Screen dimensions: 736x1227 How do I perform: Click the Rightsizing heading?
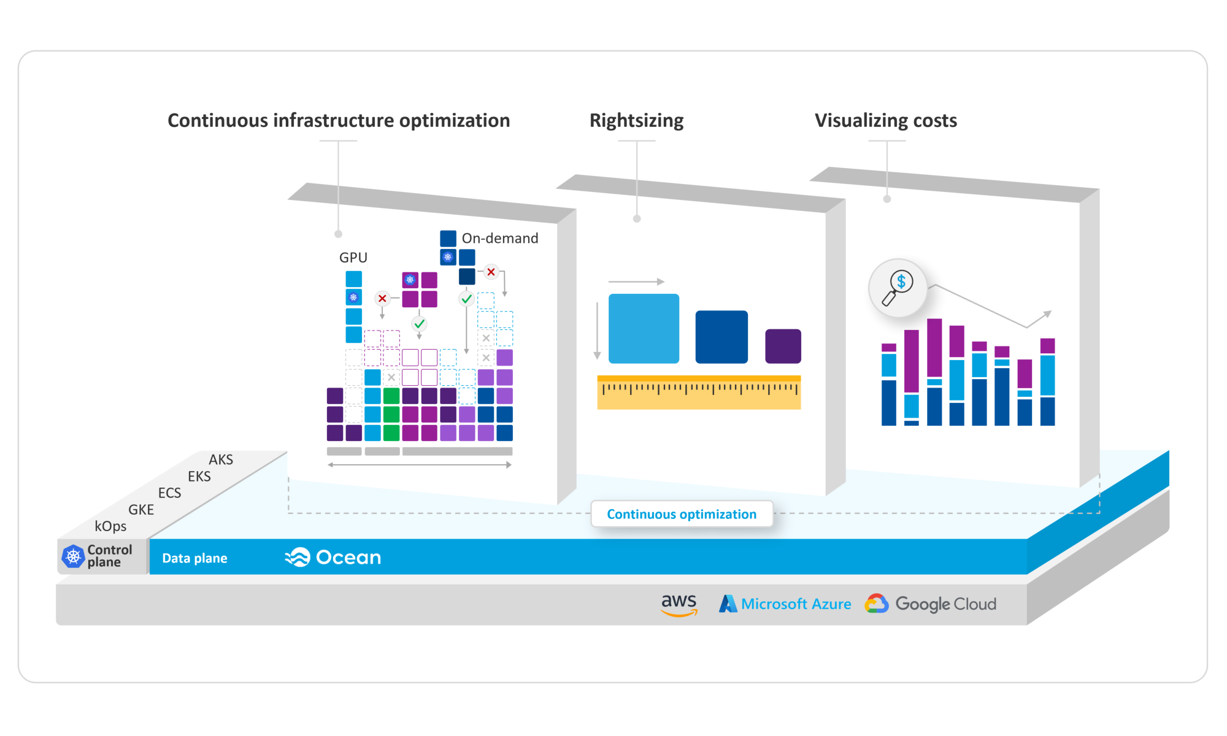[636, 120]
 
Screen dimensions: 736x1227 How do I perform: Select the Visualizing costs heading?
[885, 120]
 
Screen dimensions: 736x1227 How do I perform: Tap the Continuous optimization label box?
[682, 514]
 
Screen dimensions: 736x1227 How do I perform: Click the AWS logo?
[679, 604]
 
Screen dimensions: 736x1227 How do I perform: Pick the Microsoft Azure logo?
[785, 604]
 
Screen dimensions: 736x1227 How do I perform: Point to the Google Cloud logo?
[930, 604]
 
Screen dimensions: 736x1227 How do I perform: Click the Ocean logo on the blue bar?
[333, 557]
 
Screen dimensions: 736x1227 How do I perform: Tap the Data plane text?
[194, 558]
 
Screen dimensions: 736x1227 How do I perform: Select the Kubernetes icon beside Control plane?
[73, 556]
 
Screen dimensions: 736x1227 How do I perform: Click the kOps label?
[110, 526]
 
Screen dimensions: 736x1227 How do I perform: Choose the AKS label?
[221, 459]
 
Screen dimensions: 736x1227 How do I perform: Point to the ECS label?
[169, 493]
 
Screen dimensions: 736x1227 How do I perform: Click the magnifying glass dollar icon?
[898, 288]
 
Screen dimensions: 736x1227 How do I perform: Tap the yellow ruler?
[699, 393]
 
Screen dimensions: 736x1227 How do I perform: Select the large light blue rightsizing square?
[644, 329]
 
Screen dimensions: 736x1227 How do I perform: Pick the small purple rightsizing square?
[783, 346]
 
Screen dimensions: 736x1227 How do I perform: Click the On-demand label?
[499, 238]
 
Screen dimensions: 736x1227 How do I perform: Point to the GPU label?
[353, 258]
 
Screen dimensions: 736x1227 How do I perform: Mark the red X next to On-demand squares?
[491, 272]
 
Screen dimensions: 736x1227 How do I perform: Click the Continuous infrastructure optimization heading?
[339, 120]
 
